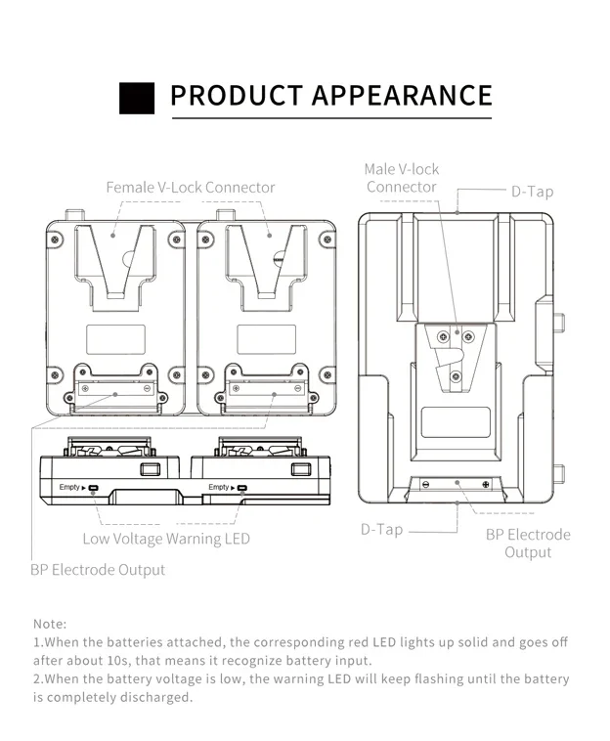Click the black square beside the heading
tap(138, 98)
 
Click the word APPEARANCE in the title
tap(402, 96)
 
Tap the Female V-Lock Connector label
tap(191, 187)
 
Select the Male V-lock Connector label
tap(402, 178)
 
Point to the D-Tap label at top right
tap(532, 192)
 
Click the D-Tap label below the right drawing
tap(381, 529)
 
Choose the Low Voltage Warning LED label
tap(166, 539)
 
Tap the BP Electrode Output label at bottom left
tap(98, 569)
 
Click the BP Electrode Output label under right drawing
tap(528, 544)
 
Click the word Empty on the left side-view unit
tap(69, 487)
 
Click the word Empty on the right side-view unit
tap(219, 487)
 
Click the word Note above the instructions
tap(50, 623)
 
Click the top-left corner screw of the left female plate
tap(56, 238)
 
